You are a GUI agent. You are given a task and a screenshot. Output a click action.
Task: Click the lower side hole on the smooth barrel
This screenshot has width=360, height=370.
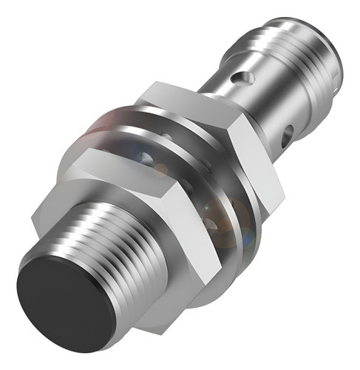click(287, 133)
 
